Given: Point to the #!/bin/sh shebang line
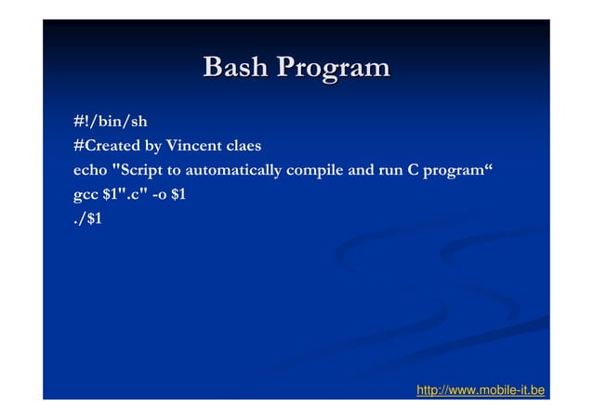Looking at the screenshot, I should click(110, 121).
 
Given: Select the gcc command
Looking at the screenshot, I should click(86, 196).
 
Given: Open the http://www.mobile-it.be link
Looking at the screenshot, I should click(481, 389).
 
